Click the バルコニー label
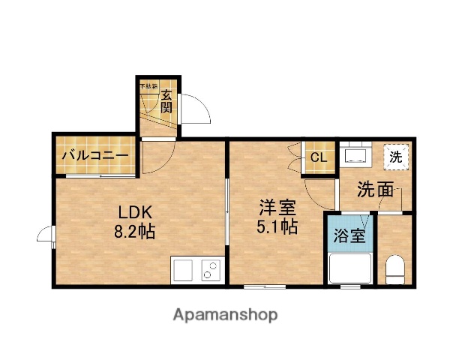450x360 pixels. click(x=95, y=157)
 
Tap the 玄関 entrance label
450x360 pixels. click(x=166, y=100)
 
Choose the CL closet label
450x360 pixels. click(x=318, y=158)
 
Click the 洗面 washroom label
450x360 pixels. click(x=374, y=190)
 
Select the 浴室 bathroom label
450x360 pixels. click(x=349, y=235)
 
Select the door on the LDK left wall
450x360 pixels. click(x=46, y=236)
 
